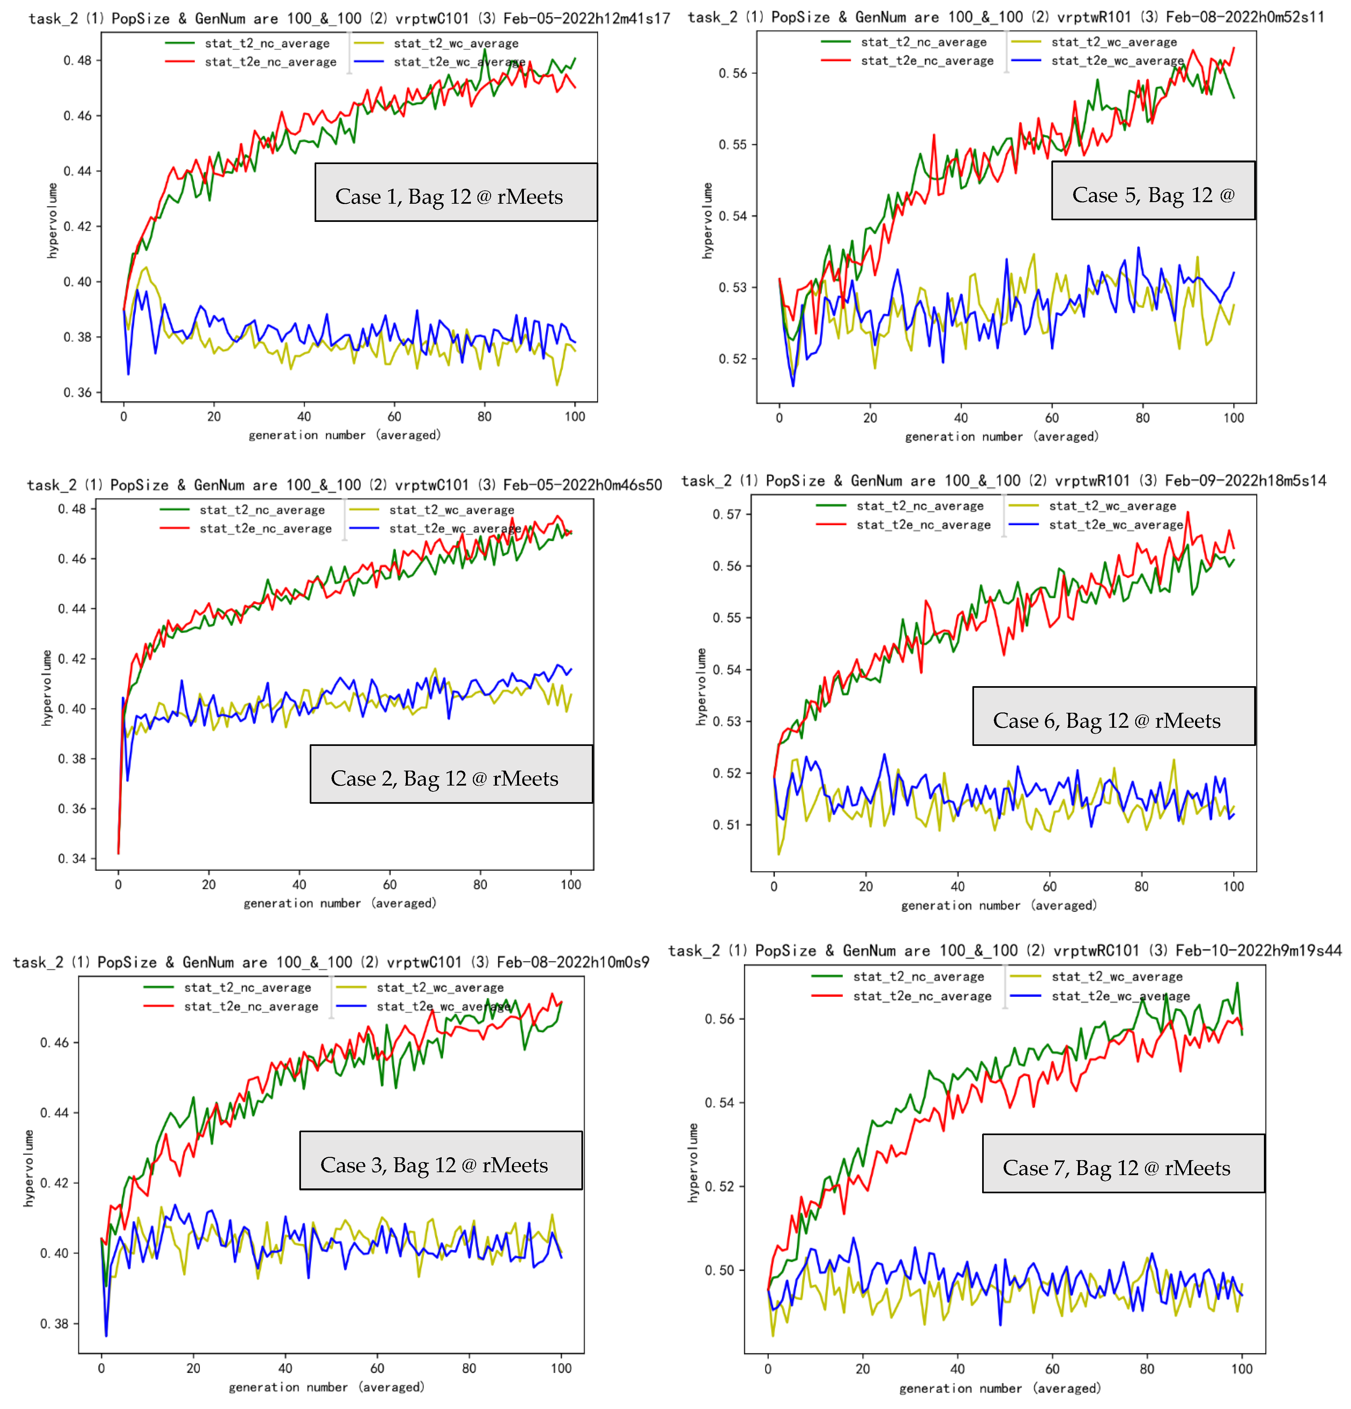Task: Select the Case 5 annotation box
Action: (x=1153, y=190)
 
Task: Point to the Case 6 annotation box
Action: (x=1114, y=716)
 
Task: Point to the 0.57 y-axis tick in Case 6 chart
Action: (x=727, y=514)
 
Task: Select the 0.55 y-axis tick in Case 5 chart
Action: (x=734, y=145)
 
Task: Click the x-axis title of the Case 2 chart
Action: (x=340, y=903)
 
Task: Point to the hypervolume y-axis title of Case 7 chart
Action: (x=693, y=1162)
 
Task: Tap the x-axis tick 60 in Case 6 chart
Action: (x=1050, y=886)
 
